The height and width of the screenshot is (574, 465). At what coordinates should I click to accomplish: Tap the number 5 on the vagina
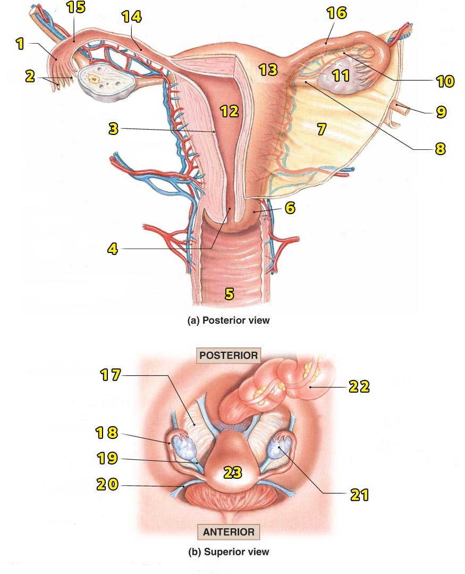pos(229,293)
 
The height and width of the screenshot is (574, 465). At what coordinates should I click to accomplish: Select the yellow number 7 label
pos(320,129)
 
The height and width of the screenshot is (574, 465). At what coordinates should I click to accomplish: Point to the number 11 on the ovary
pos(340,75)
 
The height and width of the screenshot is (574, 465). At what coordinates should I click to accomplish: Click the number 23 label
pos(233,471)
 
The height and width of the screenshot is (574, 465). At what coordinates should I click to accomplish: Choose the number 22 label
pos(359,386)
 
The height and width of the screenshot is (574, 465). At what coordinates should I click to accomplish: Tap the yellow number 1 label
pos(20,44)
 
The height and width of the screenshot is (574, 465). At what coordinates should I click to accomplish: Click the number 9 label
pos(441,112)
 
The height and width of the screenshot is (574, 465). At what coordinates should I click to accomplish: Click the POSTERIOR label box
pos(228,355)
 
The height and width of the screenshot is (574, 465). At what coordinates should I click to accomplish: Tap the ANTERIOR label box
pos(227,531)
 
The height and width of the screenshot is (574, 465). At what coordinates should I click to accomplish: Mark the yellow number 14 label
pos(131,17)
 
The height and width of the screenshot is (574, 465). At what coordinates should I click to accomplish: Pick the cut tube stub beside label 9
pos(402,110)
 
